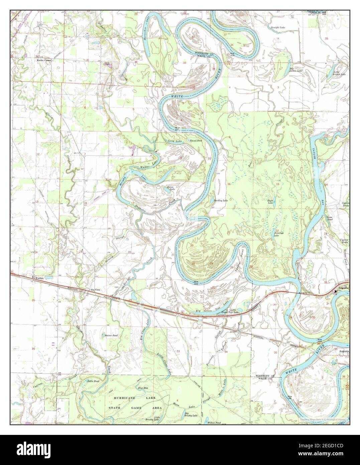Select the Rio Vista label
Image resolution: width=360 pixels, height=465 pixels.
point(91,290)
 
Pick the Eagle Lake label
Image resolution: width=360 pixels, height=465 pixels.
point(270,202)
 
